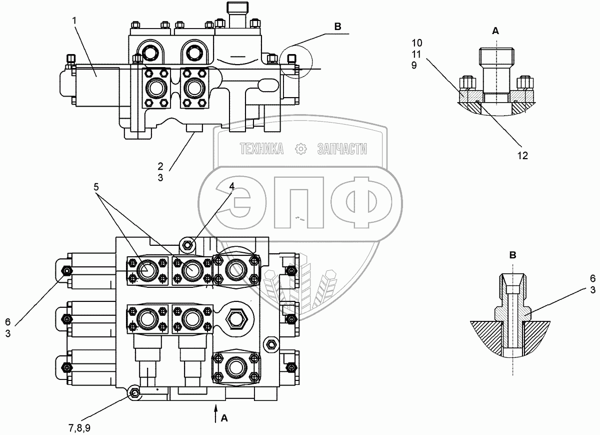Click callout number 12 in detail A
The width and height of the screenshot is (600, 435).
[522, 156]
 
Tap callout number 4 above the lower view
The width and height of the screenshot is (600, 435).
[231, 187]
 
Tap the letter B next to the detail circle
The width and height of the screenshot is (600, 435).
[337, 27]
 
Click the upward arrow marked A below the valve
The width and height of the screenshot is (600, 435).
[216, 414]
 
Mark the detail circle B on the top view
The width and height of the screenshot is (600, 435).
[296, 61]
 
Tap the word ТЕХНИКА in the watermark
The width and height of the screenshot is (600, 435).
[261, 149]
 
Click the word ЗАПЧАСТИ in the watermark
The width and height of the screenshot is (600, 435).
[342, 149]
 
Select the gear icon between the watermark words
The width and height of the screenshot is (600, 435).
[300, 149]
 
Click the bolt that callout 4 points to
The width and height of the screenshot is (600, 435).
[188, 245]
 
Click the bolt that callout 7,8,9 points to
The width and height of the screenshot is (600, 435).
[134, 393]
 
